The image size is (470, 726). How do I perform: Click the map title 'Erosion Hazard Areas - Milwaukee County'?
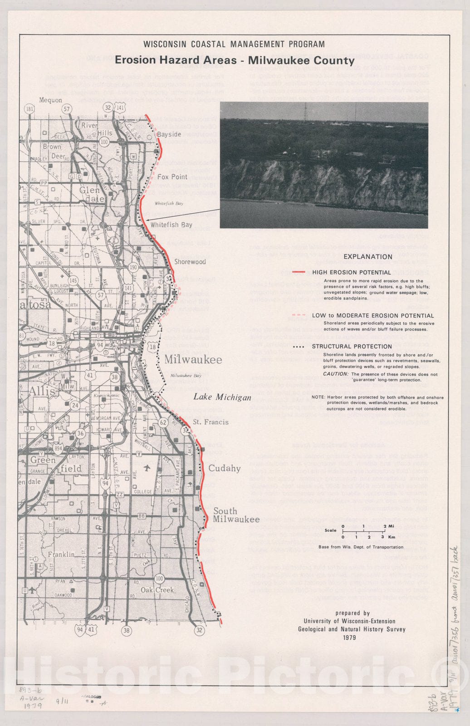tap(235, 60)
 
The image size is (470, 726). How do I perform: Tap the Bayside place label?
tap(169, 134)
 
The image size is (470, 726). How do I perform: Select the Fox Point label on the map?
tap(172, 177)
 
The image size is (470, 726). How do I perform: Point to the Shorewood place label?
tap(190, 262)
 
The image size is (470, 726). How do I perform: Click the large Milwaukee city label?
tap(193, 360)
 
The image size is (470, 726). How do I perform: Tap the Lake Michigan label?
tap(222, 397)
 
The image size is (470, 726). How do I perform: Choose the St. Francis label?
tap(211, 422)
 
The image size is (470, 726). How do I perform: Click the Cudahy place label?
tap(224, 468)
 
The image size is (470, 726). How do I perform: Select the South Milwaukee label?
tap(236, 515)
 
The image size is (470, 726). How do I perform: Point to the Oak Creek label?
tap(157, 590)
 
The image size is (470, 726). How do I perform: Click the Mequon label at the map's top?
tap(50, 100)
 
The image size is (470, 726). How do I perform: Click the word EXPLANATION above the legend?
tap(367, 256)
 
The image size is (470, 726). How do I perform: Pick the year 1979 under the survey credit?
tap(350, 638)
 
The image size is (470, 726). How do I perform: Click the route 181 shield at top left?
tap(30, 109)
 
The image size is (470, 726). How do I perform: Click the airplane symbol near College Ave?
tap(147, 468)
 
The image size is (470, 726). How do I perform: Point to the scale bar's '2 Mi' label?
tap(388, 526)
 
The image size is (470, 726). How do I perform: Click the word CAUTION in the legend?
tap(335, 374)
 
